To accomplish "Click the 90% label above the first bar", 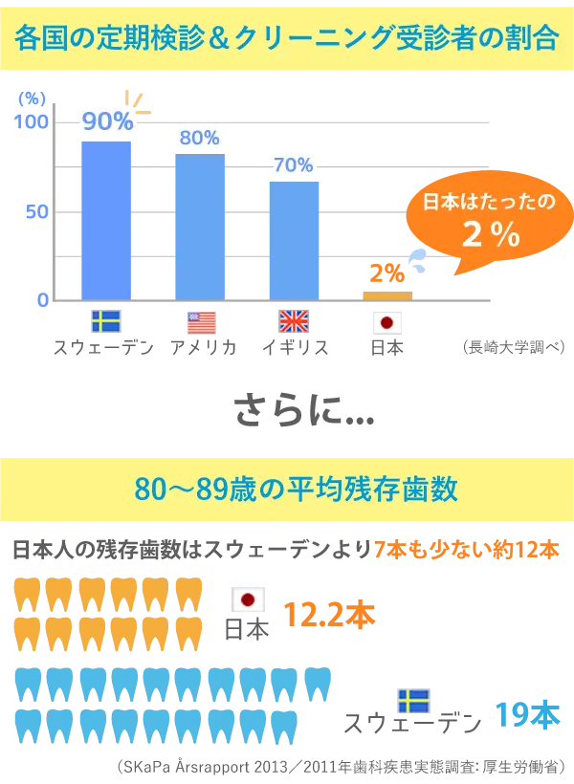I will click(x=107, y=121).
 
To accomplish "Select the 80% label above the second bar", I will click(x=199, y=138).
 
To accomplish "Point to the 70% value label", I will click(x=294, y=164).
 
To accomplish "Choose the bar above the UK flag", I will click(x=294, y=238).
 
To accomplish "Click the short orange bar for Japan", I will click(x=386, y=294).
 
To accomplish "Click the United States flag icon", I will click(x=200, y=322).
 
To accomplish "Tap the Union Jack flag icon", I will click(x=293, y=321).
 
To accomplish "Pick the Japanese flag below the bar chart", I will click(x=386, y=322).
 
